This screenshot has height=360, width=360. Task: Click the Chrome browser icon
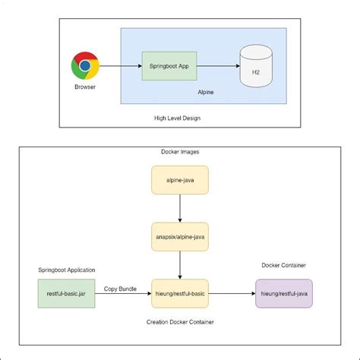click(x=85, y=66)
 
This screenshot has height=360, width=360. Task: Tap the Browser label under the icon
click(x=85, y=87)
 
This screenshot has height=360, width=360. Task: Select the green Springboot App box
click(x=164, y=66)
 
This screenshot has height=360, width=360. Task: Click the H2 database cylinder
click(x=256, y=66)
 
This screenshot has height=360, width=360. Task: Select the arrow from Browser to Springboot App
click(x=120, y=66)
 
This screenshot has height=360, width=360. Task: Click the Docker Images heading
click(x=180, y=152)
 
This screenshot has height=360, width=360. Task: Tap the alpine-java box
click(x=179, y=180)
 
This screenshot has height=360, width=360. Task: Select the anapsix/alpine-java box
click(x=179, y=236)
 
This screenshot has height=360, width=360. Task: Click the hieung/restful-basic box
click(x=179, y=292)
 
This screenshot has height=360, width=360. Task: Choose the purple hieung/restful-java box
click(x=283, y=292)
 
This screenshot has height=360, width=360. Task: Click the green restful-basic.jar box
click(x=67, y=292)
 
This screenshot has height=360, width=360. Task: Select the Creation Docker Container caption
click(x=180, y=321)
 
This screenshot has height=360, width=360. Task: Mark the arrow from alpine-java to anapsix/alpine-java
click(x=179, y=208)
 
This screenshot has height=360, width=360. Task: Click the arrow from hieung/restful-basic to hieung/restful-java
click(x=231, y=292)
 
